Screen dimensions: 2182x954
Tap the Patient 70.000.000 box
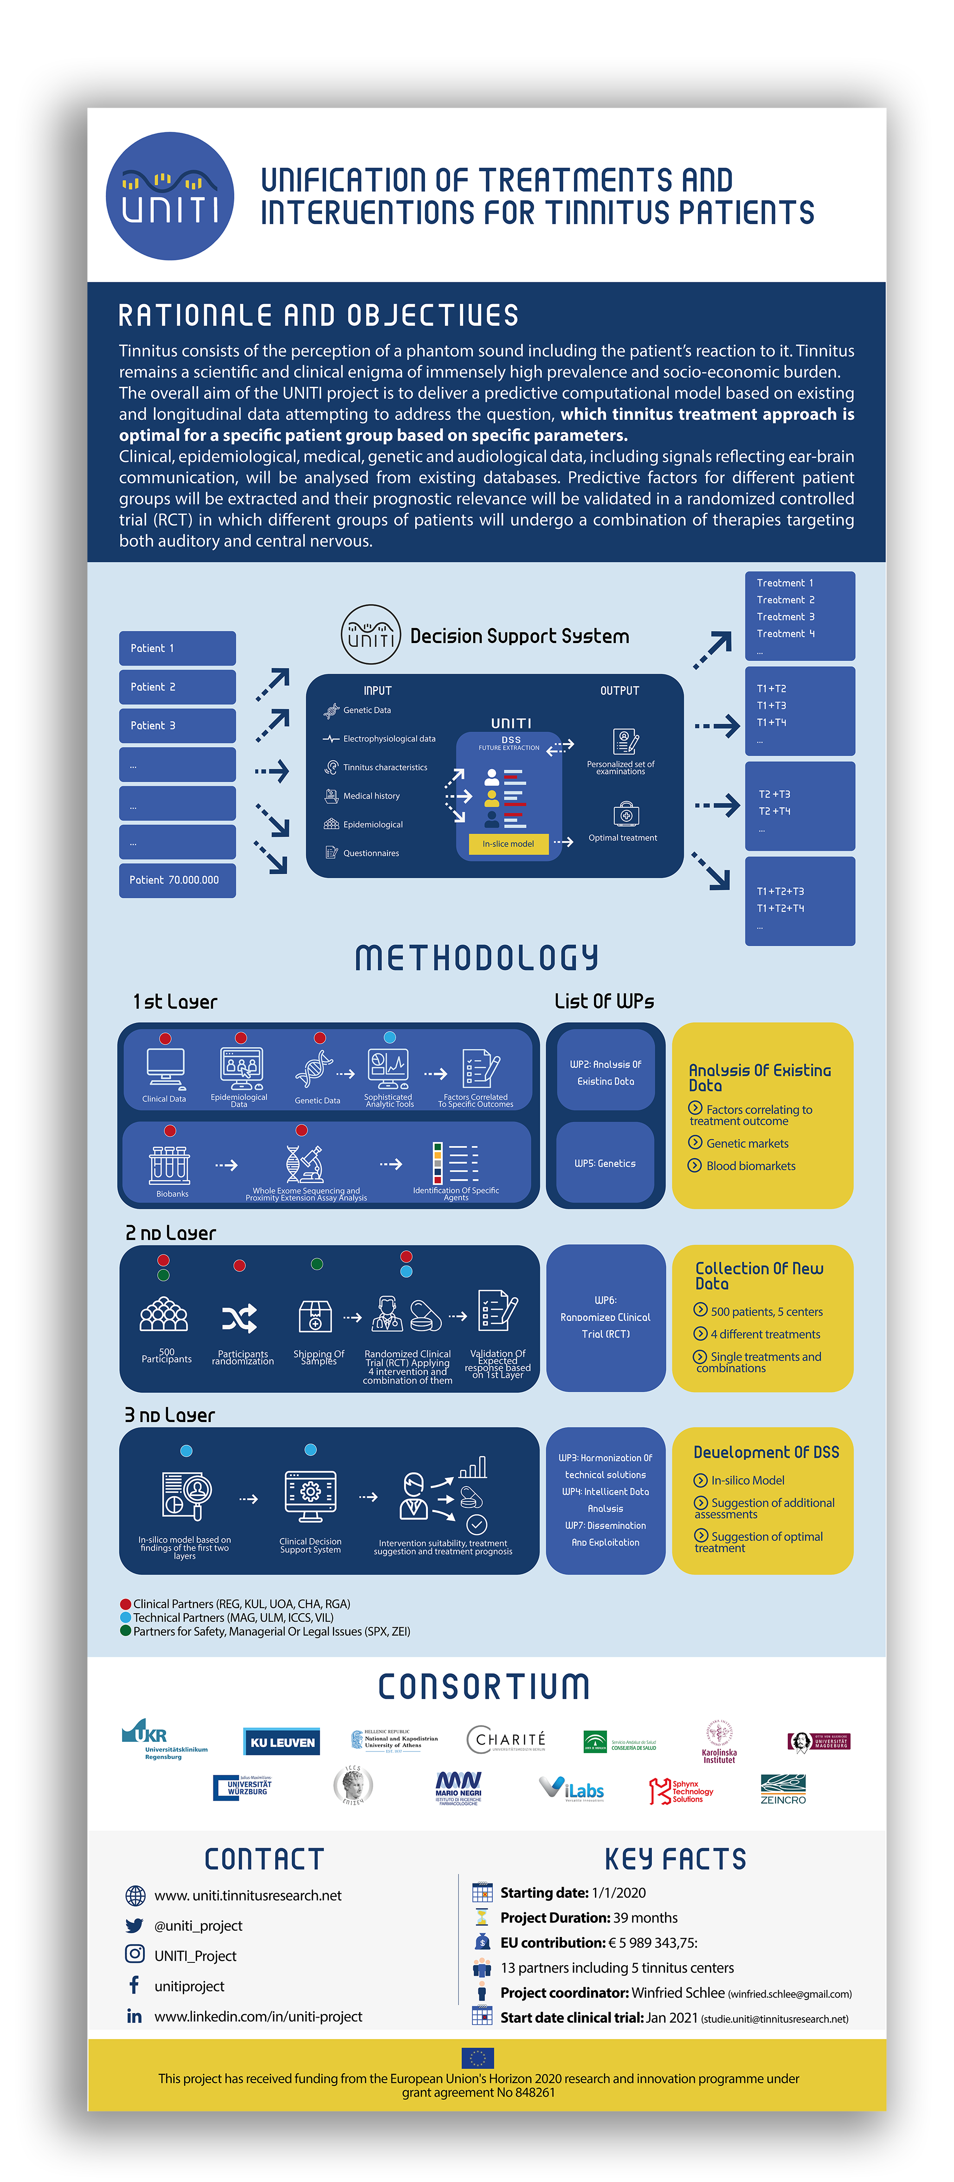click(177, 880)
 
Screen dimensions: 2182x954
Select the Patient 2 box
click(177, 687)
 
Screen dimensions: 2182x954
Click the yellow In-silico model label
click(508, 844)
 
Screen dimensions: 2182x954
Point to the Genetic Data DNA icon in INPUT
click(331, 711)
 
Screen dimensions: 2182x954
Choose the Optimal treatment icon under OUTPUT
click(625, 815)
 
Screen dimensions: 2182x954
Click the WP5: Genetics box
click(605, 1163)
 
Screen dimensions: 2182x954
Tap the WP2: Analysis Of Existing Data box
click(605, 1072)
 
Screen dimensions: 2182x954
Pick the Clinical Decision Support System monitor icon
click(311, 1497)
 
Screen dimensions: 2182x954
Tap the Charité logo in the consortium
click(506, 1740)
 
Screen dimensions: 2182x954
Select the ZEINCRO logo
click(782, 1789)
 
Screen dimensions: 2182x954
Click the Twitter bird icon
click(134, 1925)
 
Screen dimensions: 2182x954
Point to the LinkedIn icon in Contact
click(134, 2016)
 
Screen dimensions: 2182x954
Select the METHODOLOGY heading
click(477, 958)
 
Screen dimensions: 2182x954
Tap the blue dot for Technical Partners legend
click(125, 1617)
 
